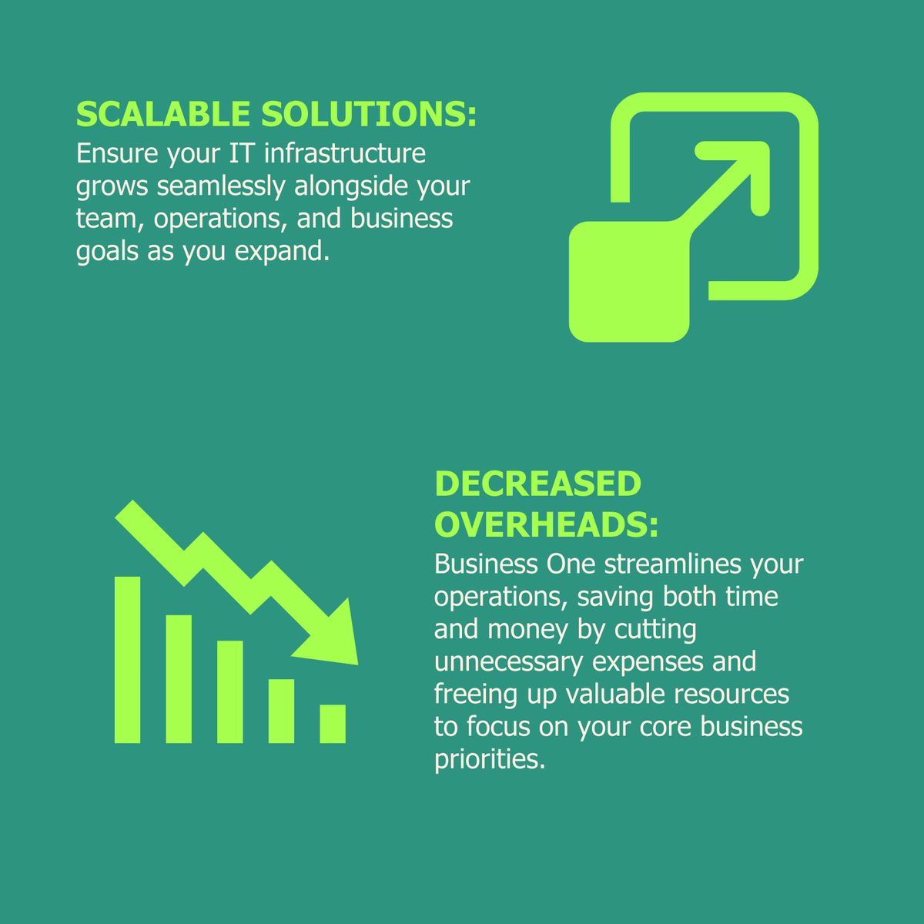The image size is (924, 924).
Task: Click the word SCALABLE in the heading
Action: coord(163,114)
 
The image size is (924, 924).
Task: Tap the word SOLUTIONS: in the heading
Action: coord(369,114)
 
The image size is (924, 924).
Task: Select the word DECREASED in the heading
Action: coord(537,484)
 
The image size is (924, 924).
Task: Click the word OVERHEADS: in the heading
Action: coord(547,525)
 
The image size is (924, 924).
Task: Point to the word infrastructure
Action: coord(344,153)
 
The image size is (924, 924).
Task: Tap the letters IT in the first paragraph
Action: coord(242,153)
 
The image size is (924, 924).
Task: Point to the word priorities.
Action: coord(490,759)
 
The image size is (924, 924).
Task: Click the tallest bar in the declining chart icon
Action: coord(127,659)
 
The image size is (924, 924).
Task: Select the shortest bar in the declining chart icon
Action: coord(333,724)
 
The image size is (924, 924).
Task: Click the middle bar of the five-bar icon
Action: coord(230,691)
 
